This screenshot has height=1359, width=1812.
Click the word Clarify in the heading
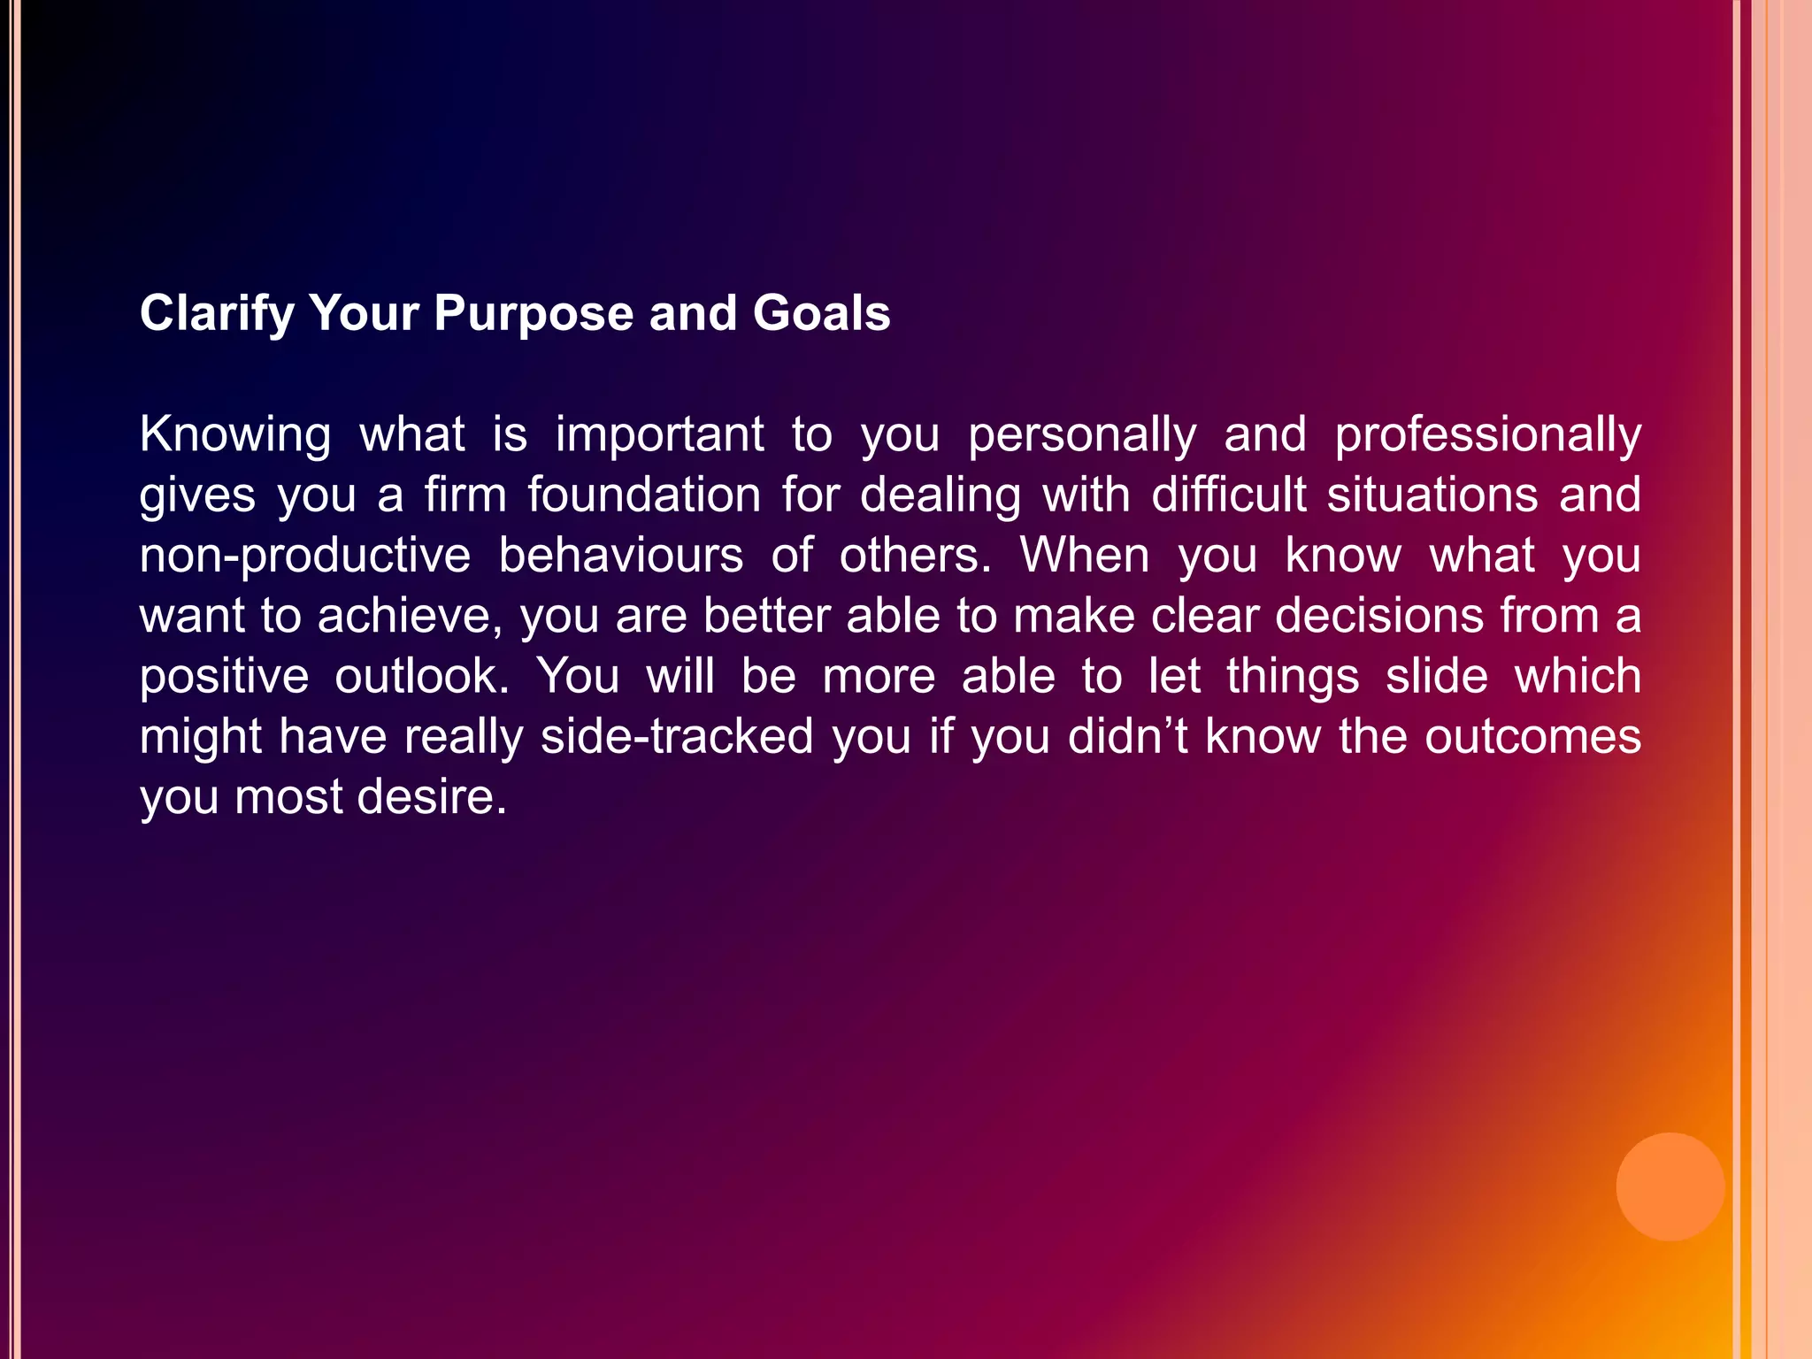pos(217,314)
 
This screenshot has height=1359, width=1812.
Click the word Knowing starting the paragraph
pos(235,435)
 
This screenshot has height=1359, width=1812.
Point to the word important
pos(659,435)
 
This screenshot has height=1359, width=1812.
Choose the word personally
pos(1081,435)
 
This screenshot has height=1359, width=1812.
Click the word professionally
pos(1487,435)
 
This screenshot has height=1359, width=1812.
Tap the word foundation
pos(644,495)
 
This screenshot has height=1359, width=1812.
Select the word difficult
pos(1229,495)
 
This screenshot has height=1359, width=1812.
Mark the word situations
pos(1432,495)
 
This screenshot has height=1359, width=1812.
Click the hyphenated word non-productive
pos(305,556)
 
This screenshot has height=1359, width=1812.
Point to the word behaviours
pos(620,556)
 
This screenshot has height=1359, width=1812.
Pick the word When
pos(1085,556)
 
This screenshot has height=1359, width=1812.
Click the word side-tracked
pos(677,737)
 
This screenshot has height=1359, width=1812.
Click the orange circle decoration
pos(1670,1186)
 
